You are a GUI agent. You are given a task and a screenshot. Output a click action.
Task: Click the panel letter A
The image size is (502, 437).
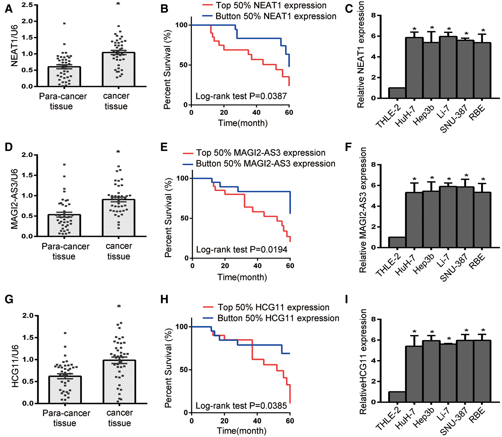(9, 9)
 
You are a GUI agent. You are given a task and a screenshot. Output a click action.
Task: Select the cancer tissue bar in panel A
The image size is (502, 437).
(118, 69)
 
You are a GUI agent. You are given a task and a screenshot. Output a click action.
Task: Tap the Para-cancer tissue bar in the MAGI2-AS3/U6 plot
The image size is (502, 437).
(64, 225)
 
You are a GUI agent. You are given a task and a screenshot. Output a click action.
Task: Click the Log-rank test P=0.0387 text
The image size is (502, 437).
(241, 96)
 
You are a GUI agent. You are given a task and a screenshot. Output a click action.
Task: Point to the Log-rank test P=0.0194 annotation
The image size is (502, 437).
(242, 250)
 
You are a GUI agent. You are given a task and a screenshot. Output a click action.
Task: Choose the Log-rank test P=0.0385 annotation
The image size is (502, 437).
(241, 406)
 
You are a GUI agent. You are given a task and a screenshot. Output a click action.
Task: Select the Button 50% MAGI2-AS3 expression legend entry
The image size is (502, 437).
(259, 164)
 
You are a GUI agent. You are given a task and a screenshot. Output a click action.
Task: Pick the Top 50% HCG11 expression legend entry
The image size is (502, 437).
(266, 307)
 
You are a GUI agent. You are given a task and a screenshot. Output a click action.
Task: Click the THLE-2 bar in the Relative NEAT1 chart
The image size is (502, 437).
(397, 93)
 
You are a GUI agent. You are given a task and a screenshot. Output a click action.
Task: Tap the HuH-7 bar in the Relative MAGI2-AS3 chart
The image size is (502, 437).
(414, 220)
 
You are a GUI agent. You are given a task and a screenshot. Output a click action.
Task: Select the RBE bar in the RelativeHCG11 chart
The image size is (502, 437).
(482, 371)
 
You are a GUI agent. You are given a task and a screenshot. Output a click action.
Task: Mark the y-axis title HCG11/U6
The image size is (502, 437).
(15, 366)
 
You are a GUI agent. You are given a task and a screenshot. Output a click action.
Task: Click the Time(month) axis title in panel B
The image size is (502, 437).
(243, 123)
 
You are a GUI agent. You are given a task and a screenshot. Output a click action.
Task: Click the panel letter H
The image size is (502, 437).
(164, 299)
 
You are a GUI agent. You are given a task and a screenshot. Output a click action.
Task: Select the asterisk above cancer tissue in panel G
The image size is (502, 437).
(119, 306)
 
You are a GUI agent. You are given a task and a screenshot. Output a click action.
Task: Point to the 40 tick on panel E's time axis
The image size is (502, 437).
(257, 266)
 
